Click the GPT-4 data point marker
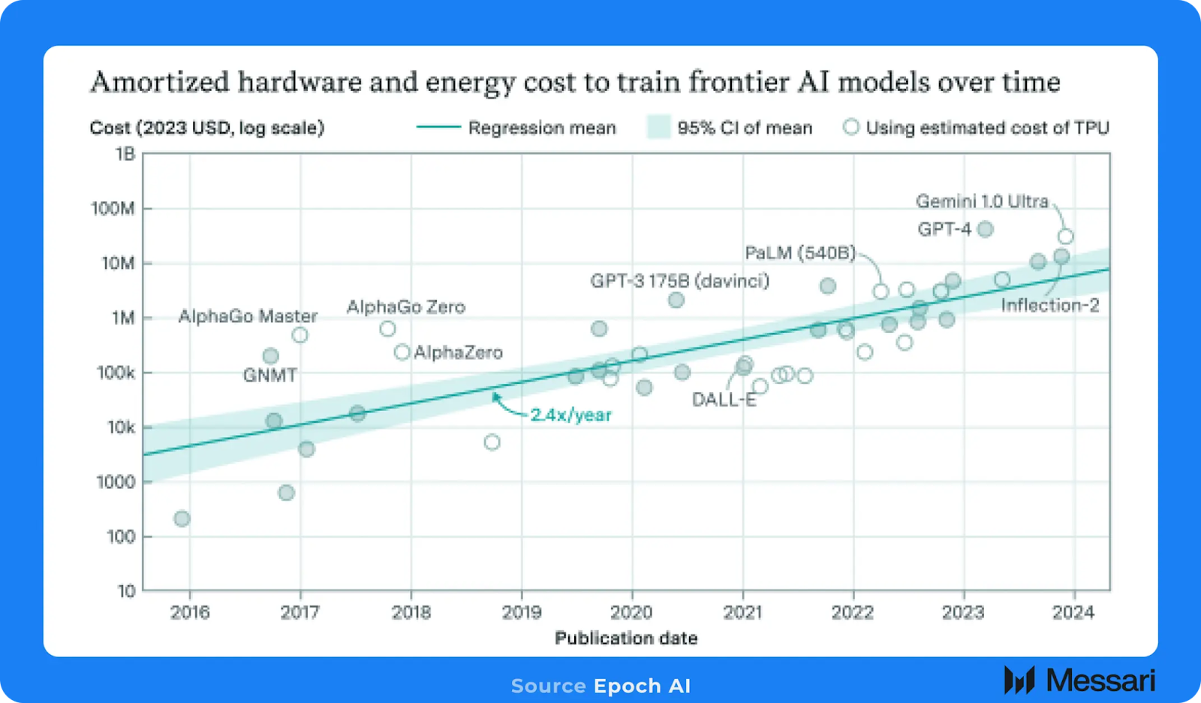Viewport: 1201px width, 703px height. click(986, 229)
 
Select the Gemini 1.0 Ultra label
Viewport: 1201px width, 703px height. click(982, 201)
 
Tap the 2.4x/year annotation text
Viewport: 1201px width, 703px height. click(570, 415)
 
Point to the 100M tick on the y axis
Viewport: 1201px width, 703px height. click(113, 208)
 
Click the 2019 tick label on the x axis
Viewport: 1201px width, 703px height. click(522, 612)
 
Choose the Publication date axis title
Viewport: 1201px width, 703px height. click(626, 638)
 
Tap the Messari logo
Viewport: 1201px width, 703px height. click(1079, 680)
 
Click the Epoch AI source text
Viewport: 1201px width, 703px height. click(642, 686)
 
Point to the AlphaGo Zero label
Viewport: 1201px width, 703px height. click(405, 306)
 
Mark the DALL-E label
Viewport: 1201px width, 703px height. click(724, 400)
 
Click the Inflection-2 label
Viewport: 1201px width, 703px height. click(1049, 305)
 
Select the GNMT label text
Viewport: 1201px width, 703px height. click(269, 375)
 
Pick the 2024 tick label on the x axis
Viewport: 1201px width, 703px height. click(1073, 612)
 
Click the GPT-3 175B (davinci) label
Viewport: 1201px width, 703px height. click(679, 281)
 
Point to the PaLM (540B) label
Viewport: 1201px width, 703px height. click(799, 253)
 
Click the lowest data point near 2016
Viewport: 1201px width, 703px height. click(182, 518)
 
